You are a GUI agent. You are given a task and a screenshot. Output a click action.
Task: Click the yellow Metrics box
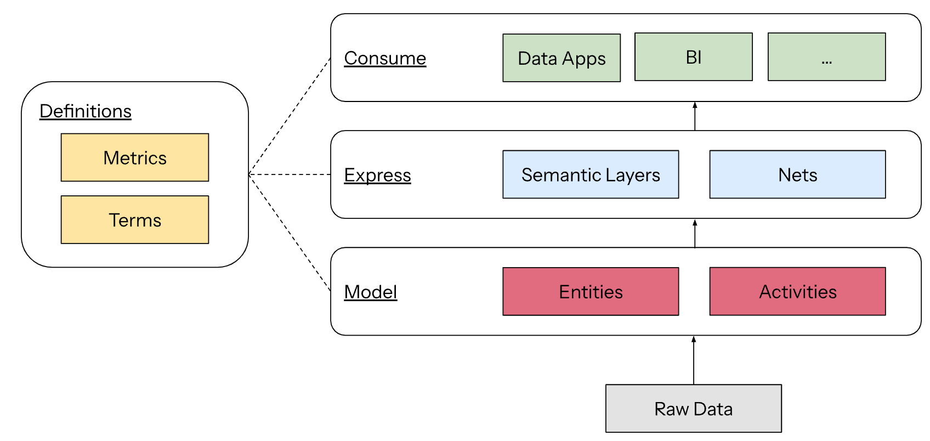pos(135,157)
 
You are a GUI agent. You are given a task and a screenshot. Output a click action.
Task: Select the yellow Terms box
pos(135,219)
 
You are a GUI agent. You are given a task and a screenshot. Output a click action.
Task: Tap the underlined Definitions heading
pos(86,111)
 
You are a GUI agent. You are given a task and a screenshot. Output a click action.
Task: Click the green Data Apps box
pos(562,58)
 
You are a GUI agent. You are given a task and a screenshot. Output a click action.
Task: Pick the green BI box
pos(693,57)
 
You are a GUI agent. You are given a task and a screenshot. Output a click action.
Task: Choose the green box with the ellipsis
pos(826,57)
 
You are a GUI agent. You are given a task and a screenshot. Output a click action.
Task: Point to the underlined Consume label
pos(385,58)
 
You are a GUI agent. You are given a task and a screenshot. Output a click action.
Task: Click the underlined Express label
pos(377,175)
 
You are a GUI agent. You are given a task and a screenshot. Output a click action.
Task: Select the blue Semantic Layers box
pos(591,174)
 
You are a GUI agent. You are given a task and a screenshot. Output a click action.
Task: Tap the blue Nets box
pos(797,174)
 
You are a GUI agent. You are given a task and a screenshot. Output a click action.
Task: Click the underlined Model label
pos(371,292)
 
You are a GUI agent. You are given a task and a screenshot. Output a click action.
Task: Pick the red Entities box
pos(591,291)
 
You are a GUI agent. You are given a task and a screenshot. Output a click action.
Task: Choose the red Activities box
pos(797,291)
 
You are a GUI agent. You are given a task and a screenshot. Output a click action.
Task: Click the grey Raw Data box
pos(693,409)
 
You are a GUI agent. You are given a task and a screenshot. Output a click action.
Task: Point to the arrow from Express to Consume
pos(695,116)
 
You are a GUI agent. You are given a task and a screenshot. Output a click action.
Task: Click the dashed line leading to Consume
pos(290,116)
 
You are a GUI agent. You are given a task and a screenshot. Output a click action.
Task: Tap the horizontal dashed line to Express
pos(290,174)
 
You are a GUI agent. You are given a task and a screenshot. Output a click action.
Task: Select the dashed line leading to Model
pos(290,233)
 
